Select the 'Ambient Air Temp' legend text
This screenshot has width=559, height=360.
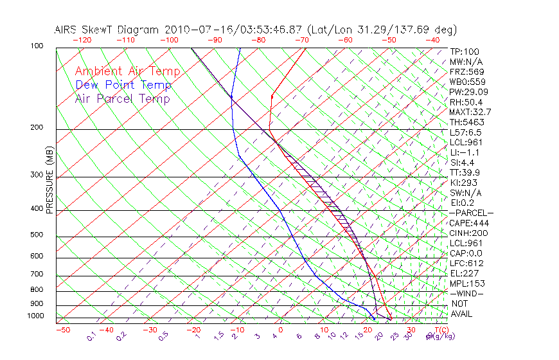(127, 71)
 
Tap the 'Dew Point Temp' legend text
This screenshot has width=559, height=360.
(123, 85)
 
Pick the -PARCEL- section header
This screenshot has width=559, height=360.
(471, 213)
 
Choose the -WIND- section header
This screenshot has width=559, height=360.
(466, 293)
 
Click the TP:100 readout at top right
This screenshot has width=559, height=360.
(464, 51)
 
